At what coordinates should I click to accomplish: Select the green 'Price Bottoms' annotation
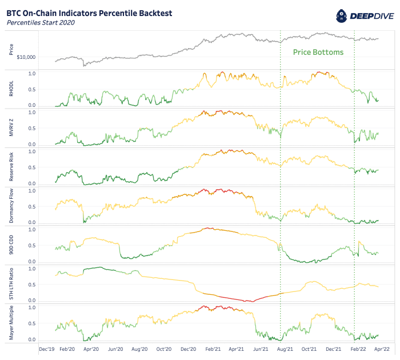click(x=318, y=52)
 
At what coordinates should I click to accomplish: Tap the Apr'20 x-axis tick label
click(x=91, y=348)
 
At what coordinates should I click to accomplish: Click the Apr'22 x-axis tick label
click(x=381, y=348)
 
